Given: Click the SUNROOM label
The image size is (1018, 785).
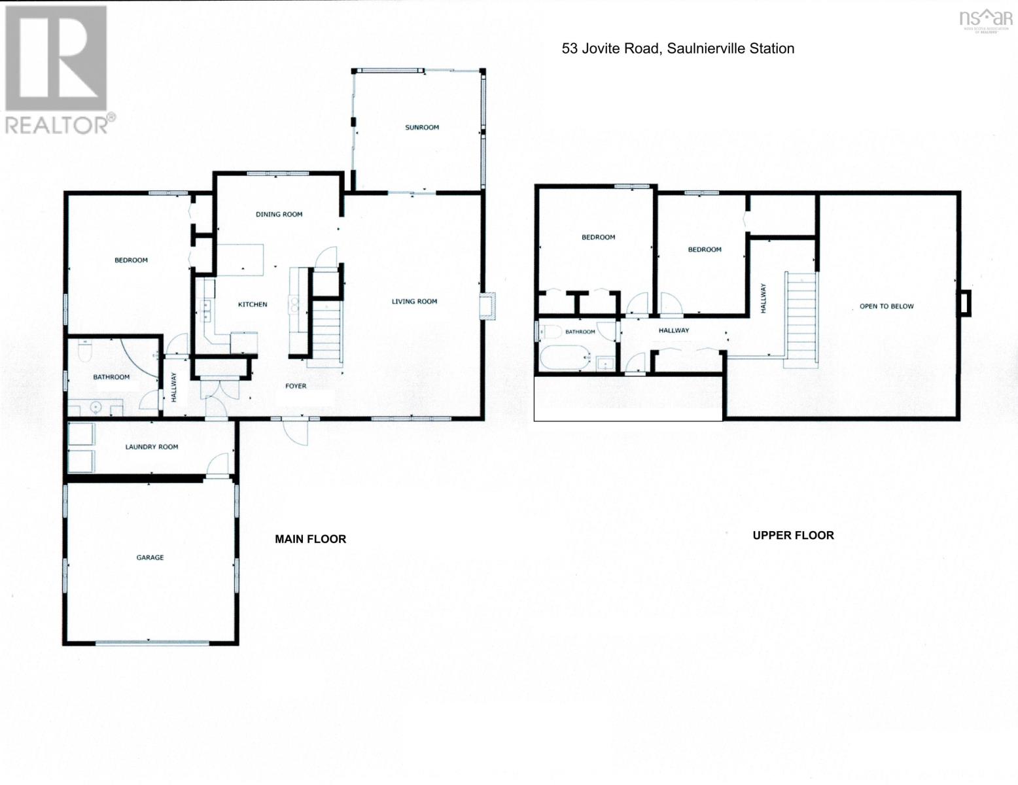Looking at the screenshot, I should [x=421, y=128].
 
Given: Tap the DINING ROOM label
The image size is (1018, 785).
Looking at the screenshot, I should [x=279, y=215].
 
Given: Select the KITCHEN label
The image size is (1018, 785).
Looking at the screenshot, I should [x=253, y=305].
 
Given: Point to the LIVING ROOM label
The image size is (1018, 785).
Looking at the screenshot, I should [x=414, y=302].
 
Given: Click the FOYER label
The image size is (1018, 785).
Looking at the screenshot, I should [x=296, y=387].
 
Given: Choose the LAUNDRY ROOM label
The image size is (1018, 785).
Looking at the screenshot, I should [x=152, y=447].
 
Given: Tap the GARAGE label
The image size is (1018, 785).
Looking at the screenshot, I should [x=150, y=558].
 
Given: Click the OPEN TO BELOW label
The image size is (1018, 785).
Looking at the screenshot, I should [x=886, y=306].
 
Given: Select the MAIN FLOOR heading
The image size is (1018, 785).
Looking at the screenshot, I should [x=310, y=539].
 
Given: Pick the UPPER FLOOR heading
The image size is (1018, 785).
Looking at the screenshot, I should [x=793, y=535].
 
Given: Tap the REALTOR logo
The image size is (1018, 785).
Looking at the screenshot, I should [x=57, y=69].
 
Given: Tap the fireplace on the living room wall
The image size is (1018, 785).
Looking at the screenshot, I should [x=488, y=306].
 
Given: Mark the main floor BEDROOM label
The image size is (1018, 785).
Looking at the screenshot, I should [x=131, y=260].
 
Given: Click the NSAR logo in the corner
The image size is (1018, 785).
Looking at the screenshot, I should [x=979, y=20].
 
